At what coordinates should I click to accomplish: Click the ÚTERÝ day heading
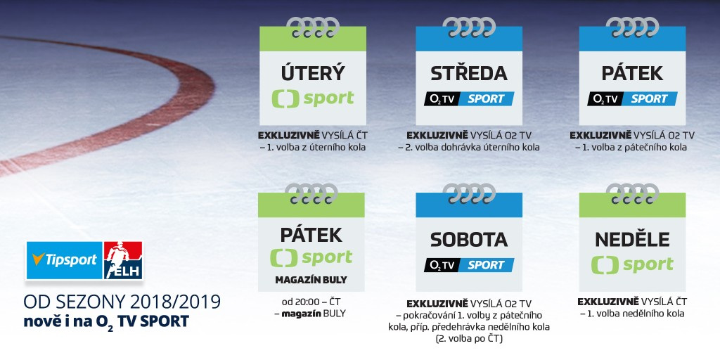(312, 73)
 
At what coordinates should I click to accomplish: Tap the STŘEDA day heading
(469, 73)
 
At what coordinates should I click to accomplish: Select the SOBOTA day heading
(469, 240)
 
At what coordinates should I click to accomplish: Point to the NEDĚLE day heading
(632, 240)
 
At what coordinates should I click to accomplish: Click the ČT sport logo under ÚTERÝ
(313, 98)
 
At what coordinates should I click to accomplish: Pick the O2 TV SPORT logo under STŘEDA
(469, 98)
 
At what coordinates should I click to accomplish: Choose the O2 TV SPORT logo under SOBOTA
(469, 265)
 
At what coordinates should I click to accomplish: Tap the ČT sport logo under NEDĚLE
(632, 265)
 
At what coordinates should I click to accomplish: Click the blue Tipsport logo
(64, 260)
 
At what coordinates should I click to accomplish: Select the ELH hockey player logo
(123, 260)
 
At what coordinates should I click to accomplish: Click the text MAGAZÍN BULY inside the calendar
(311, 280)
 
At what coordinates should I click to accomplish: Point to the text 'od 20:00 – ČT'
(311, 302)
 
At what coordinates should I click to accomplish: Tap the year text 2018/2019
(175, 302)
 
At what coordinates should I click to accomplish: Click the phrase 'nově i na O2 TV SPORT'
(106, 321)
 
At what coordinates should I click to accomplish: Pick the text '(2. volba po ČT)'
(469, 339)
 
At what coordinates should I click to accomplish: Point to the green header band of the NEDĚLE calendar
(632, 205)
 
